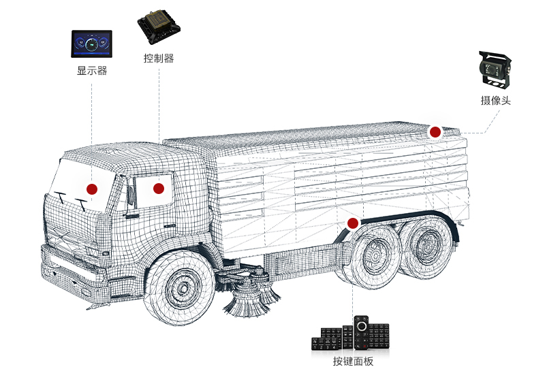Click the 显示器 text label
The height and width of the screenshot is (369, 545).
point(92,71)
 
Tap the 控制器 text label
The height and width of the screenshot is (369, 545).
point(159,58)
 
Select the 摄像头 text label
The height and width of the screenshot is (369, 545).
point(496,100)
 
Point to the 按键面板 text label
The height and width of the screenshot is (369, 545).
point(353,361)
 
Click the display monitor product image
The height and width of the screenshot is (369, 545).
point(92,44)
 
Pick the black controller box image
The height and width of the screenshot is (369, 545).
point(159,27)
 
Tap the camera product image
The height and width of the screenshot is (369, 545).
point(495,69)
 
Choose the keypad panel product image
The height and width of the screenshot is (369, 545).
point(350,333)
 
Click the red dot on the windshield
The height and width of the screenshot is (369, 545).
point(92,189)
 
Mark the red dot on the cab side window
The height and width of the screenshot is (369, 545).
point(159,189)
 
